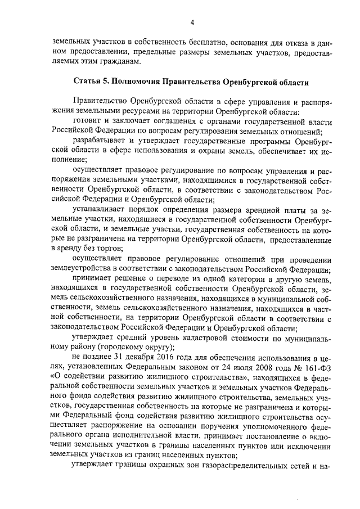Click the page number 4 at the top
click(191, 22)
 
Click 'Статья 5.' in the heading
click(92, 82)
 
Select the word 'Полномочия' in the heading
click(136, 82)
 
